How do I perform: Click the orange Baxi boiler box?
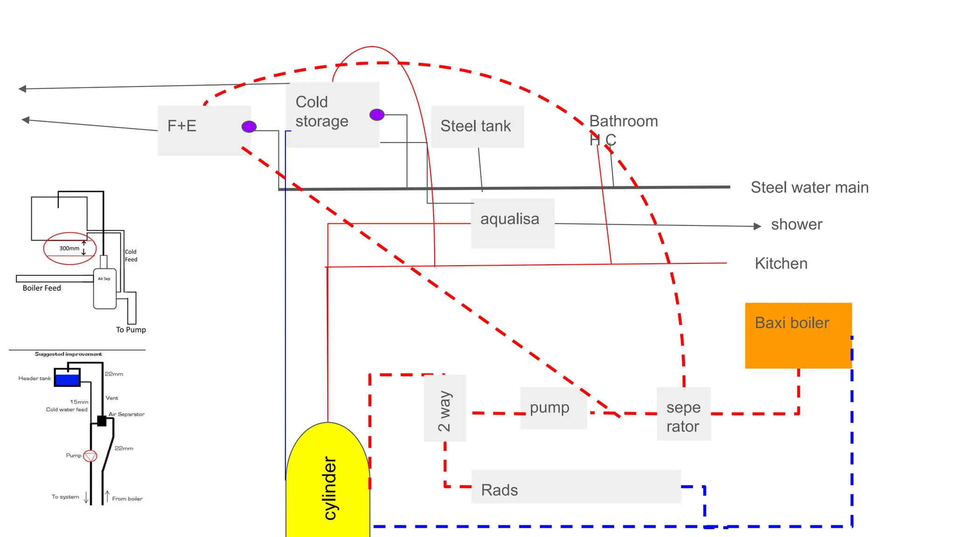point(798,336)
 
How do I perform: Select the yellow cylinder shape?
point(328,485)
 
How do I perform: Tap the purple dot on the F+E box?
point(249,126)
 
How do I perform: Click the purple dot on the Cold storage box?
point(377,114)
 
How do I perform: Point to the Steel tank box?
point(477,126)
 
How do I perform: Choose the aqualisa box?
point(512,223)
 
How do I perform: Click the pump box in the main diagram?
point(553,408)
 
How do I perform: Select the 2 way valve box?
point(445,408)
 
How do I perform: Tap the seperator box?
point(684,414)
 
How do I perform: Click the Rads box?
point(575,487)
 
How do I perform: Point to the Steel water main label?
point(810,187)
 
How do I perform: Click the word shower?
point(796,224)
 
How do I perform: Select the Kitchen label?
point(781,263)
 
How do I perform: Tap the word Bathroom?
point(623,121)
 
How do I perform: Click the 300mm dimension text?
point(69,248)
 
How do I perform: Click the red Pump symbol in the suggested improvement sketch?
point(90,455)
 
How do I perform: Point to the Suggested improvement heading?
point(68,354)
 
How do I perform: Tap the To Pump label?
point(131,330)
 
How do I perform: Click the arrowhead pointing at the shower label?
point(757,226)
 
